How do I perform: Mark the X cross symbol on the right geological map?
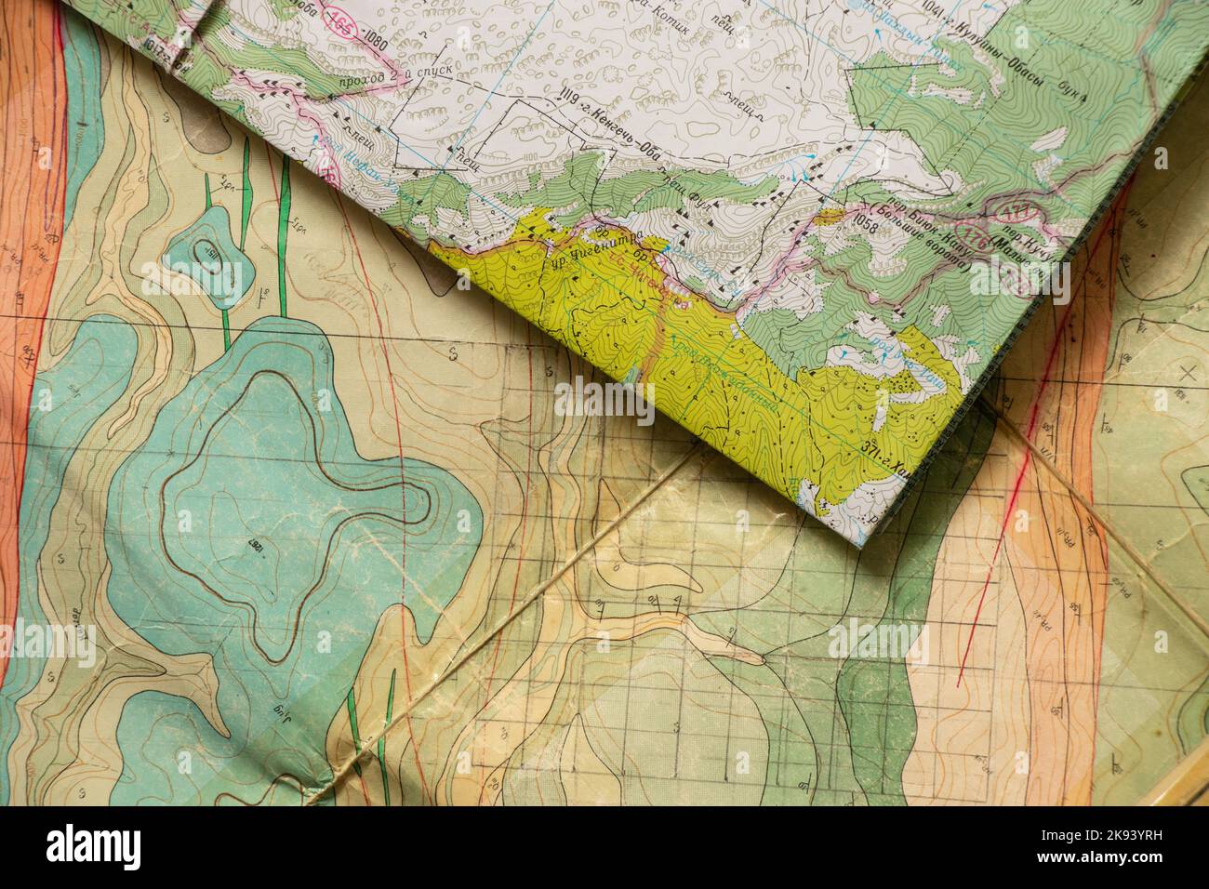[1187, 375]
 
